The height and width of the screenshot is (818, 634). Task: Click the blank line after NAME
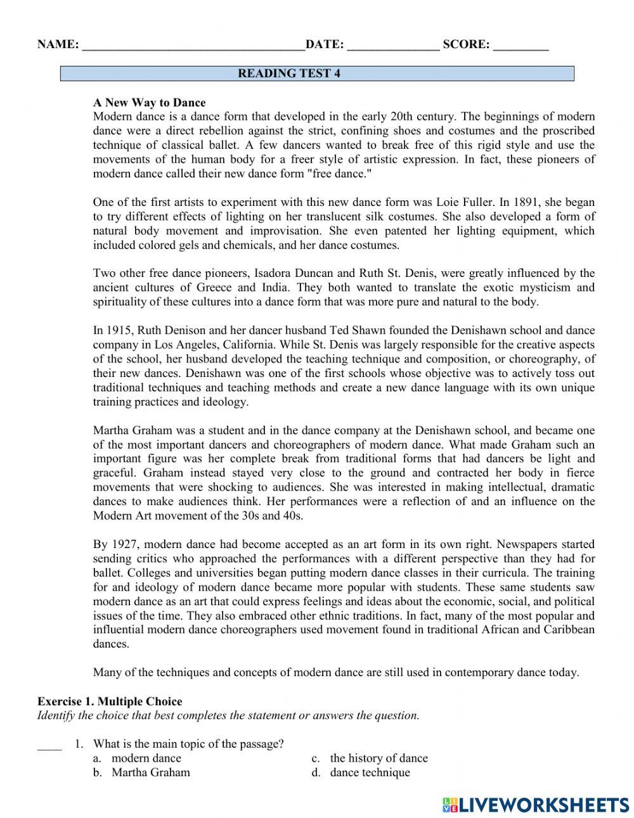(193, 46)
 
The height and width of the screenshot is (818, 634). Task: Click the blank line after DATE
(393, 46)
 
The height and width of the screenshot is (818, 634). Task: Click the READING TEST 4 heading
(289, 73)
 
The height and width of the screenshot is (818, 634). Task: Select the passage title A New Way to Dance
(149, 102)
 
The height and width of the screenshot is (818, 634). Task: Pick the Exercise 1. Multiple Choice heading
(110, 701)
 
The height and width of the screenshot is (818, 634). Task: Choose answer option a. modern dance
(146, 758)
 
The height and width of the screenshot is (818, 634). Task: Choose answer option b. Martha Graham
(150, 772)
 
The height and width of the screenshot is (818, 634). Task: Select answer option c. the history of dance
(378, 758)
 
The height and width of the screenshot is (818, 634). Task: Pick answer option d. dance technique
(370, 772)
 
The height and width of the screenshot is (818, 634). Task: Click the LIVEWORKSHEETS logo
(536, 805)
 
